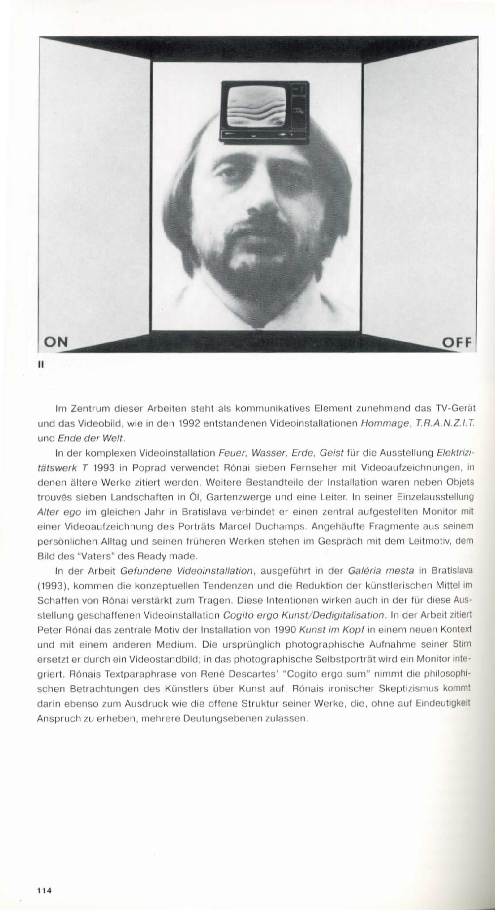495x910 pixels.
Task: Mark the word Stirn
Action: point(463,644)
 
